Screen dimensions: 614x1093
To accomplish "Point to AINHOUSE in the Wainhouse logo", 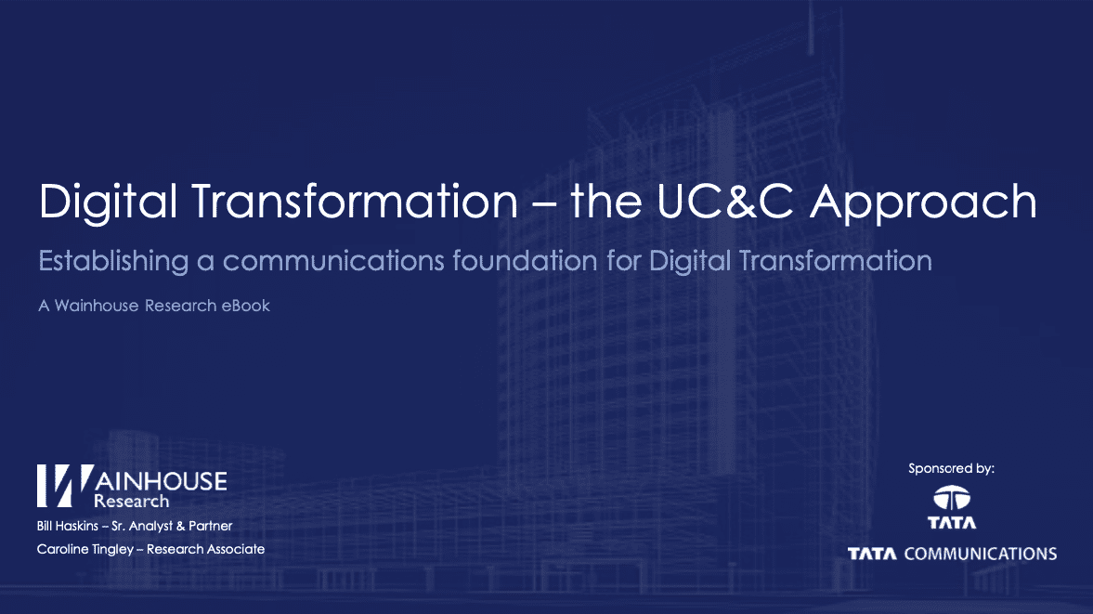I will pos(162,480).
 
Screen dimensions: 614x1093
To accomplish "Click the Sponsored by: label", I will pos(951,469).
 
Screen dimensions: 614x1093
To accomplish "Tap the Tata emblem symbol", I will pos(952,498).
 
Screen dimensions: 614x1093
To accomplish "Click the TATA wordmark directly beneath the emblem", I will pos(952,523).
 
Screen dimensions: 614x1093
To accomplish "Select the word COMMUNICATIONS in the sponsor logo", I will pos(980,554).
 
